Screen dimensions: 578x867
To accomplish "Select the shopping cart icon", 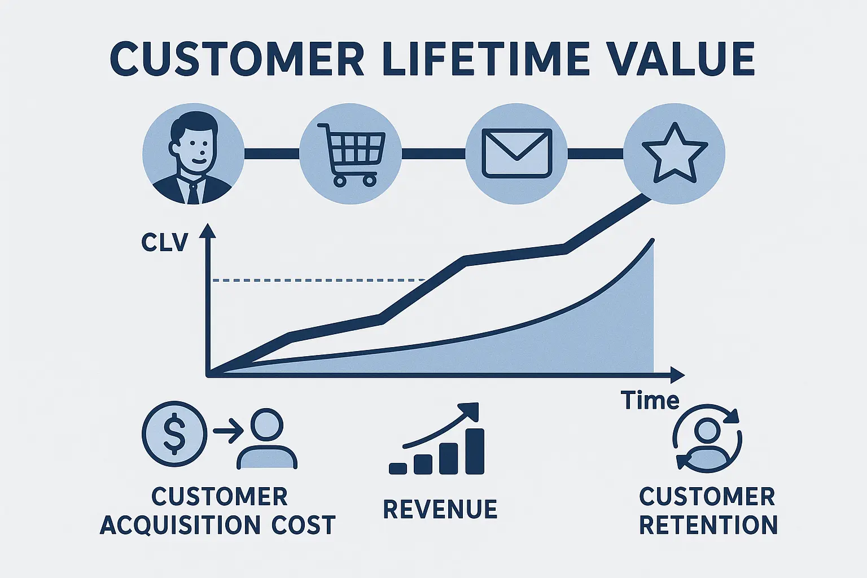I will tap(351, 154).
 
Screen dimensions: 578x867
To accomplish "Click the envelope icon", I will tap(516, 154).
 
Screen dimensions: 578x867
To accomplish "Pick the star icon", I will tap(675, 154).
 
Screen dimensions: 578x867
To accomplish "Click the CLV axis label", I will tap(164, 243).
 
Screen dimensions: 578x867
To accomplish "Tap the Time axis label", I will tap(650, 401).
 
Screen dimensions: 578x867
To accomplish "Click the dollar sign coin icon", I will tap(174, 433).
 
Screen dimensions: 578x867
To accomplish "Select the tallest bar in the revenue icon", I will tap(475, 451).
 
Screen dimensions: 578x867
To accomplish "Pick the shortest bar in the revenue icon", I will tap(398, 468).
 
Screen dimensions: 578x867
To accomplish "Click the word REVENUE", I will tap(440, 509).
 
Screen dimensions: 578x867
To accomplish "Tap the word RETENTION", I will tap(708, 525).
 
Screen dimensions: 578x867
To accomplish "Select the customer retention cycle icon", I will tap(707, 437).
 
